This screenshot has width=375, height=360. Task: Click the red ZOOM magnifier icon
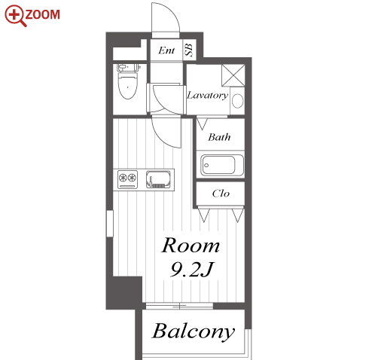[x=15, y=16]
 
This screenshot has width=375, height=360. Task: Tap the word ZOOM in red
[x=42, y=15]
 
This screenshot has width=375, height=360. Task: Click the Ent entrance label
[x=166, y=50]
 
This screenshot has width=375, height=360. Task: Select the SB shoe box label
[x=189, y=50]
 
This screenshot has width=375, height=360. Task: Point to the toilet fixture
[x=128, y=81]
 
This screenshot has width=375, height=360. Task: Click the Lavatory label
[x=208, y=96]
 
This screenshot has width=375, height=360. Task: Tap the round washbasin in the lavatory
[x=237, y=101]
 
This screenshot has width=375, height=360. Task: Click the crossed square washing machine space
[x=233, y=75]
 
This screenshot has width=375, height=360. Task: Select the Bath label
[x=219, y=137]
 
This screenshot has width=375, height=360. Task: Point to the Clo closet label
[x=221, y=194]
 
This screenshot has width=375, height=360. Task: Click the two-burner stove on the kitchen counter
[x=128, y=179]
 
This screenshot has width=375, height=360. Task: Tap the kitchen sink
[x=158, y=179]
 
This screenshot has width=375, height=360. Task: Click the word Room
[x=191, y=246]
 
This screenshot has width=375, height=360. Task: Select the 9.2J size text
[x=192, y=269]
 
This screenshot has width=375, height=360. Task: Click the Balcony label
[x=194, y=331]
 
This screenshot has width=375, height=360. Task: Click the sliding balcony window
[x=179, y=306]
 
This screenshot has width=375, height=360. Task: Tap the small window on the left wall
[x=110, y=224]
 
